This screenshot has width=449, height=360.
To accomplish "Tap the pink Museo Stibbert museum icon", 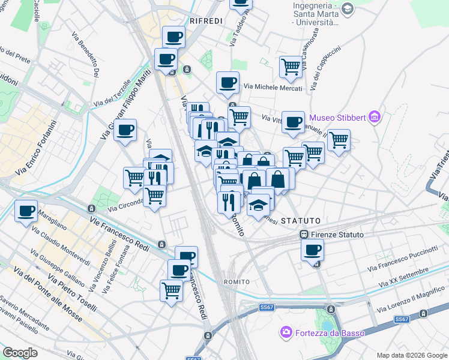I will click(x=375, y=116).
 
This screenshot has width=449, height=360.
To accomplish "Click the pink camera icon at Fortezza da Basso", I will click(x=286, y=331).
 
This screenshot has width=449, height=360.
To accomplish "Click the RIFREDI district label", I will click(x=206, y=21).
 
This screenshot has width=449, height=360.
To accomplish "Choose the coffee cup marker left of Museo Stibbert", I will click(x=293, y=122).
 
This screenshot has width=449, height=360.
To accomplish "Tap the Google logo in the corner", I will click(x=20, y=352).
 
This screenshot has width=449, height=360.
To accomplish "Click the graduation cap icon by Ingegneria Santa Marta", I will click(x=347, y=9).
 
